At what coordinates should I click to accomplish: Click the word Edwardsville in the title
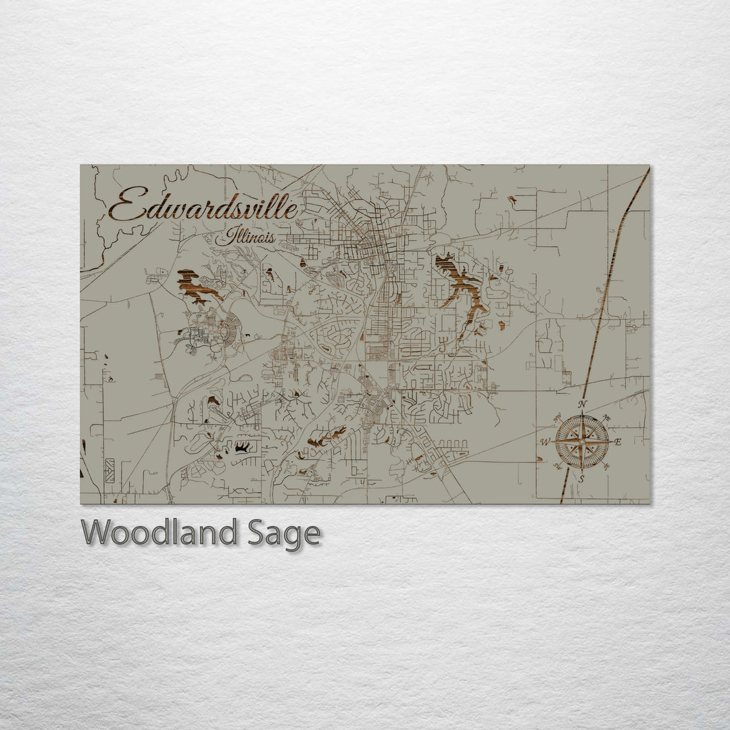[203, 206]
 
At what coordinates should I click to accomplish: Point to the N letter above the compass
[583, 406]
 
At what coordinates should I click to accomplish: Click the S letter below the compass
[581, 479]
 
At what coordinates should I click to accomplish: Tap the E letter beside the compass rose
[618, 442]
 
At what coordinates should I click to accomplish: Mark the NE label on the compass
[606, 417]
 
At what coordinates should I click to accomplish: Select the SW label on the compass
[558, 466]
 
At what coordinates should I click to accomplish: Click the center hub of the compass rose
[581, 441]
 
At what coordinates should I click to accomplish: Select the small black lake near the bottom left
[241, 447]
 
